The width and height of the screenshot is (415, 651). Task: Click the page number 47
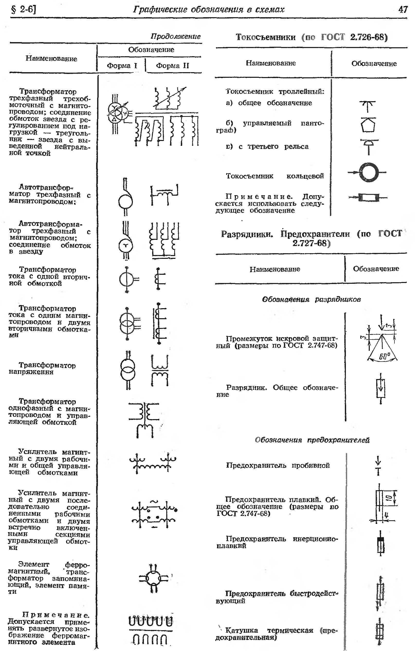pyautogui.click(x=403, y=10)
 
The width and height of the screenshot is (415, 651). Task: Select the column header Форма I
pyautogui.click(x=122, y=65)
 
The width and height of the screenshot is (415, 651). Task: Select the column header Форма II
pyautogui.click(x=172, y=65)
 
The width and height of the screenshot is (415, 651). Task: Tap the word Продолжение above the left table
pyautogui.click(x=176, y=36)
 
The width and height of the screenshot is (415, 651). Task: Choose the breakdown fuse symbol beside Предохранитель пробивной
pyautogui.click(x=379, y=466)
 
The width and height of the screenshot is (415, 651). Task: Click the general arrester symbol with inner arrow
pyautogui.click(x=381, y=389)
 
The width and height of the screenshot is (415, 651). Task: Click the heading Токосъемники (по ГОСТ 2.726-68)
pyautogui.click(x=311, y=37)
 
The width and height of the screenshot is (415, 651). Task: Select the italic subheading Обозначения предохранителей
pyautogui.click(x=312, y=440)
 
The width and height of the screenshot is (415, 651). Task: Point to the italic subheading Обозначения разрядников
pyautogui.click(x=311, y=299)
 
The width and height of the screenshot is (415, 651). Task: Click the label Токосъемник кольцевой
pyautogui.click(x=275, y=176)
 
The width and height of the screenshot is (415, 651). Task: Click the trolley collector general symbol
pyautogui.click(x=367, y=106)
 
